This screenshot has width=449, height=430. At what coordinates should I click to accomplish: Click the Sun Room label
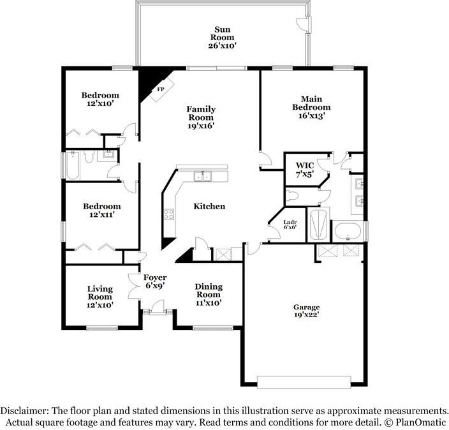point(222,33)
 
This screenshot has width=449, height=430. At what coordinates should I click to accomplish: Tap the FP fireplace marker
point(161,89)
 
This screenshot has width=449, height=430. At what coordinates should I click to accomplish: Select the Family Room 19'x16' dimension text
point(201,126)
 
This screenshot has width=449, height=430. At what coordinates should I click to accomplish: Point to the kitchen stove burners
point(169,214)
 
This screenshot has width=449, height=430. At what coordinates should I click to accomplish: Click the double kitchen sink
point(202,176)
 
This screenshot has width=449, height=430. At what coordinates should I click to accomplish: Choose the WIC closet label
point(305,165)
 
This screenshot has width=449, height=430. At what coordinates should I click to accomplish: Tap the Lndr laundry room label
point(290,222)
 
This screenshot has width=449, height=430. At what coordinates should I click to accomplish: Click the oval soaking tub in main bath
point(348,231)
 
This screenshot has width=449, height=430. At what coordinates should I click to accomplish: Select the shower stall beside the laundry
point(318,225)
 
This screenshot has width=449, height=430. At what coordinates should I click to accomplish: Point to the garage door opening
point(304,382)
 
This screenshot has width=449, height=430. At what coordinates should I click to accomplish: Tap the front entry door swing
point(157,306)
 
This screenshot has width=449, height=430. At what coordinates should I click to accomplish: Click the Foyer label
point(155,278)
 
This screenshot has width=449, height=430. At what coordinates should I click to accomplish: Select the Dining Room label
point(209,290)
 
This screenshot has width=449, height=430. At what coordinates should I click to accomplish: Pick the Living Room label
point(100,293)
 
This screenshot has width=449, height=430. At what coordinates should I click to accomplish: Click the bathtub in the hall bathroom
point(73,166)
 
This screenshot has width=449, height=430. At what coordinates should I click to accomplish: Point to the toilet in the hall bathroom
point(89,156)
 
